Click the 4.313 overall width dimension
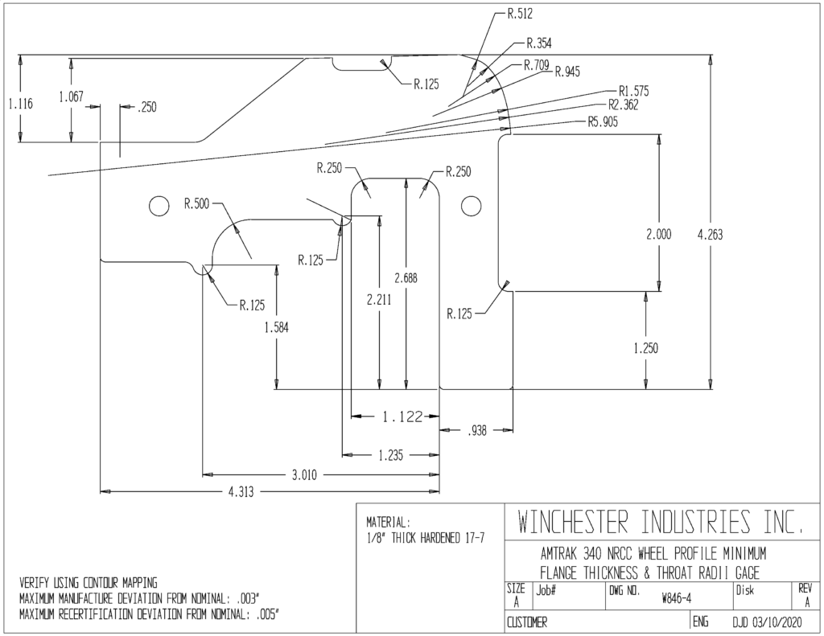pos(241,492)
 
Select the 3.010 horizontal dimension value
pos(304,475)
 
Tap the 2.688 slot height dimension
pos(406,278)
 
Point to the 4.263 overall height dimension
pos(710,234)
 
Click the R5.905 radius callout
pos(603,122)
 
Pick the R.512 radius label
pos(520,14)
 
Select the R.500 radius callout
pos(196,203)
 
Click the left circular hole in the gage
pos(159,206)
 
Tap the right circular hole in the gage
pos(472,206)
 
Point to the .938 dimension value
pos(476,431)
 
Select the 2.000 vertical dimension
pos(658,234)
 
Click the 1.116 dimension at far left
pos(20,104)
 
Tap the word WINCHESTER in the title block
pos(572,522)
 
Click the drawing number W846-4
pos(677,599)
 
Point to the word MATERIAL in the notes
pos(386,523)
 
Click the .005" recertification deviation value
pos(266,614)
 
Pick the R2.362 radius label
pos(624,105)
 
